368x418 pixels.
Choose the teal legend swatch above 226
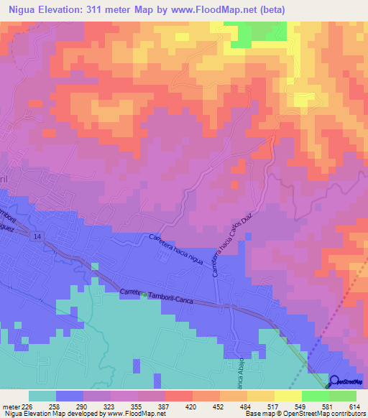42,396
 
